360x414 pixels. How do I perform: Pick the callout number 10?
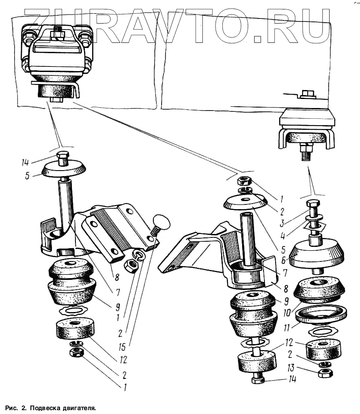click(284, 309)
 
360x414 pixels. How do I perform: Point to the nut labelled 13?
click(324, 373)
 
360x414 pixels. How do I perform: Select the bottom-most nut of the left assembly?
click(76, 353)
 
